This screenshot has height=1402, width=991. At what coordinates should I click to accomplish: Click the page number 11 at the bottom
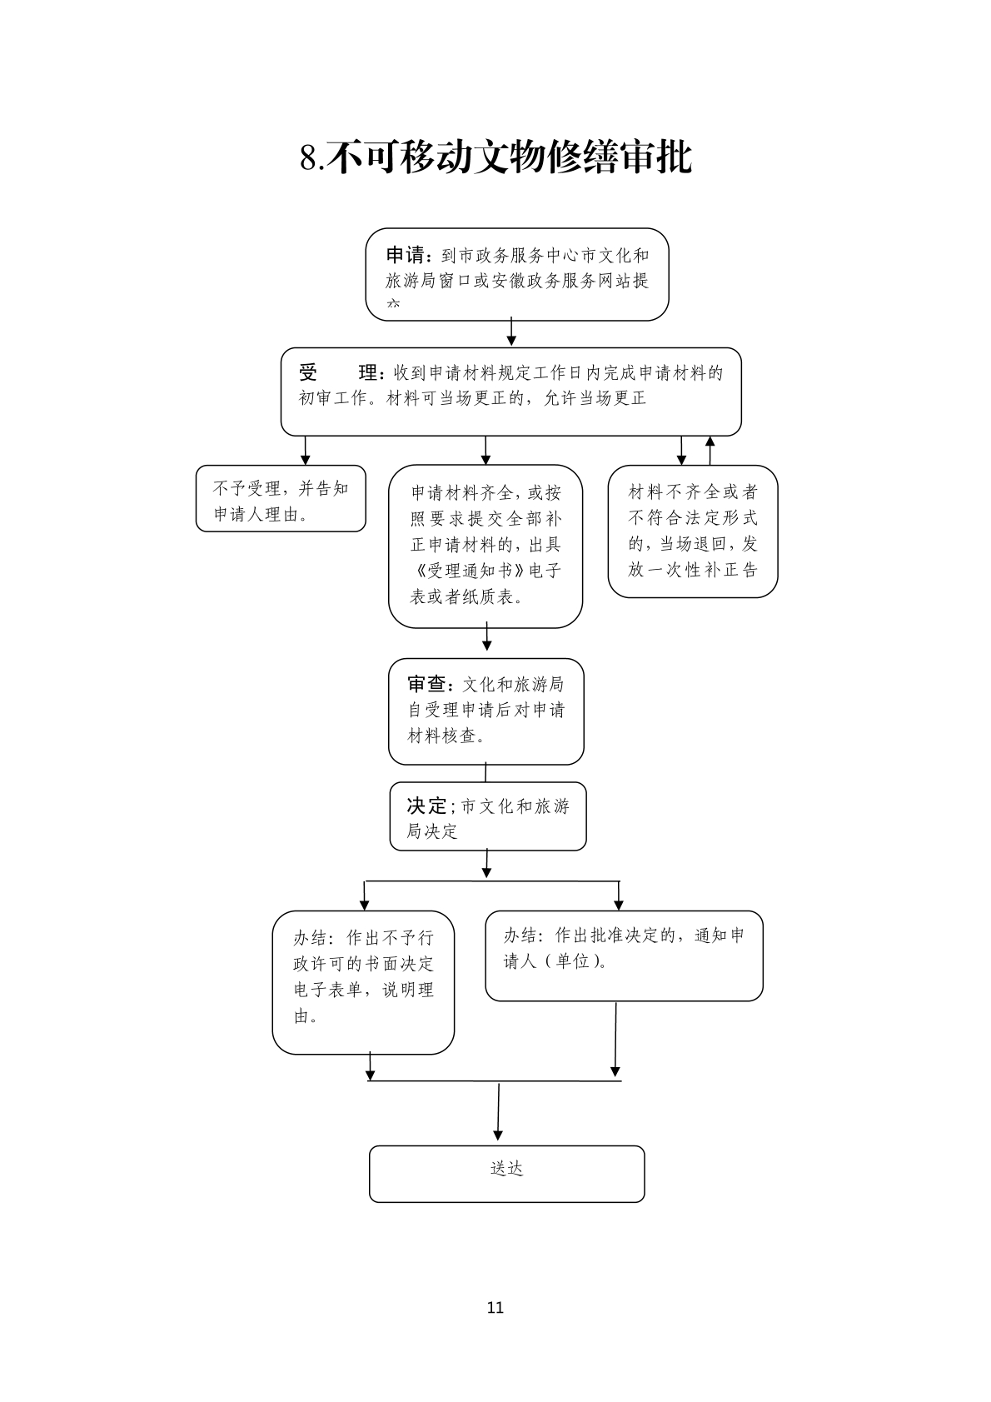point(495,1307)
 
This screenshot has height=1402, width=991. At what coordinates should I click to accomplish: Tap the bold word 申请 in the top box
point(406,255)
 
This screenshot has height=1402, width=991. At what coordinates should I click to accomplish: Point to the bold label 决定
point(426,806)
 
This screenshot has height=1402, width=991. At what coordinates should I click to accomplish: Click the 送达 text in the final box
point(506,1169)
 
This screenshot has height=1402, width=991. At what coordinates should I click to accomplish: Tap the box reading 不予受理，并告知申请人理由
point(281,498)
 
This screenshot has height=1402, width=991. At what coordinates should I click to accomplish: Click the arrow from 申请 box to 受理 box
point(511,332)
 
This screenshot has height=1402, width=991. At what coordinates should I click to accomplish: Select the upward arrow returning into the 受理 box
point(710,449)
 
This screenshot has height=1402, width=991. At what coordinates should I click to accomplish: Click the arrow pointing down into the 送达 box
point(498,1112)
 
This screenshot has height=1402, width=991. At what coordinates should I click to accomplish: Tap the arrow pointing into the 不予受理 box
point(306,450)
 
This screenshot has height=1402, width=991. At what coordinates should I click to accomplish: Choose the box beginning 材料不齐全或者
point(692,531)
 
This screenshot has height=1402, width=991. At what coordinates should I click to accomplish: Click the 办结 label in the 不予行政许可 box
point(312,938)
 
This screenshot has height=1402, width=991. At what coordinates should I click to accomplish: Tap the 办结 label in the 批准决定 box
point(522,935)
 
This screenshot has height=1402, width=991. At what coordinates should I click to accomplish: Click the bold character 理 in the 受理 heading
point(368,372)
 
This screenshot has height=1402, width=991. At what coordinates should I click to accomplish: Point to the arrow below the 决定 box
point(486,864)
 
